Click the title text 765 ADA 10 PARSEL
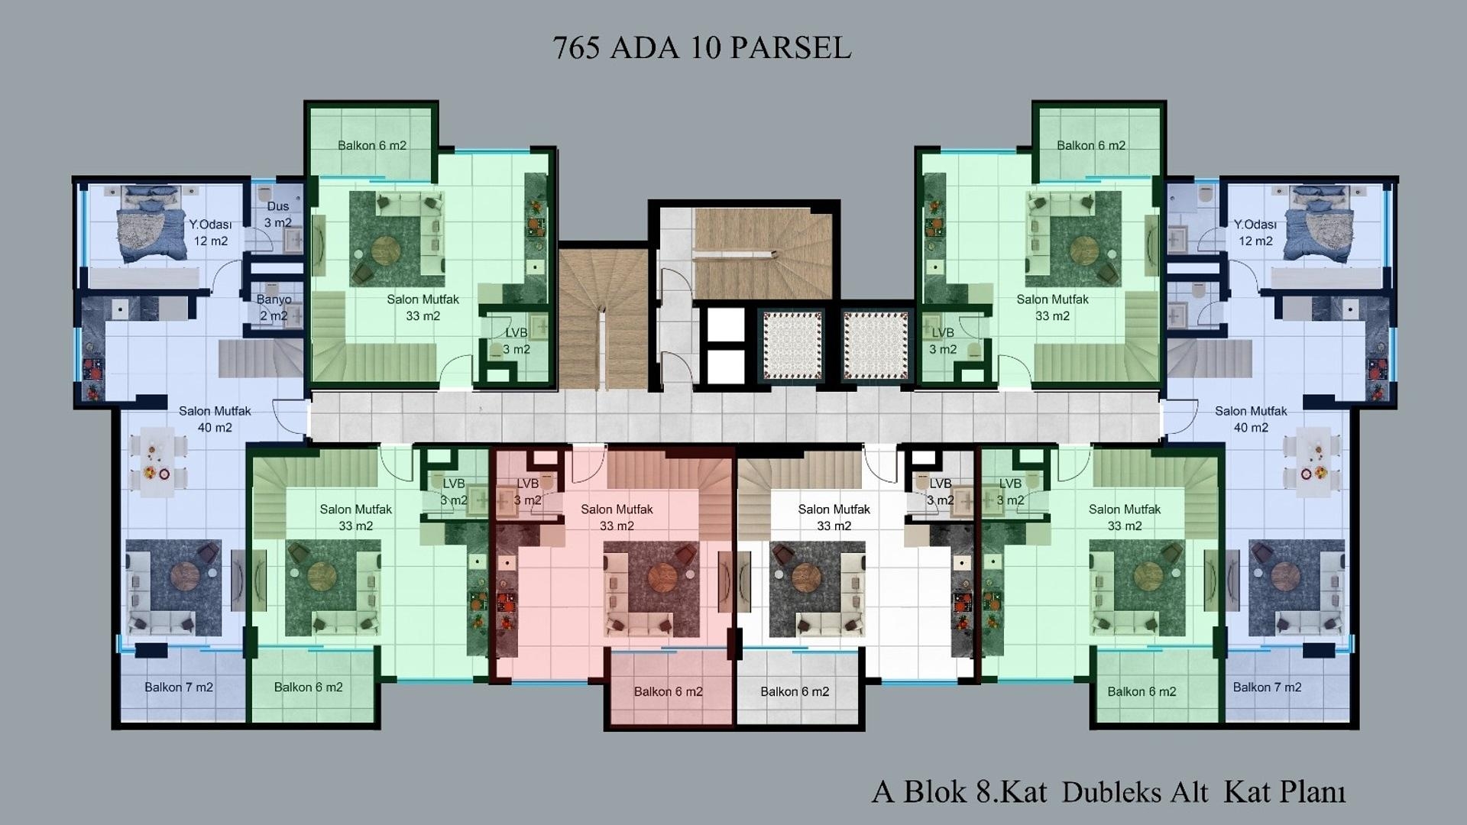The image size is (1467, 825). point(701,48)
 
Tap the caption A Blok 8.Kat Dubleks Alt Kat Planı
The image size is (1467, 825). point(1109,792)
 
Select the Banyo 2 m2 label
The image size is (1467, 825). point(274,308)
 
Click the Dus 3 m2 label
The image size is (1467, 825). point(278,215)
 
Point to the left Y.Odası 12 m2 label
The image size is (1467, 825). point(210,233)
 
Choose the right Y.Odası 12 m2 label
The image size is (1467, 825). point(1255,233)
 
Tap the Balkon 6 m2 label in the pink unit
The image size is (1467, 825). point(668,692)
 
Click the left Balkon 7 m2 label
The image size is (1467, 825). point(179,687)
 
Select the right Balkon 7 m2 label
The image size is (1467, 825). point(1267,687)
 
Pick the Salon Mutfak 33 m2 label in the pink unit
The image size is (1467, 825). point(617,518)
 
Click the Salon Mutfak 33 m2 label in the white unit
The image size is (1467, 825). point(834,518)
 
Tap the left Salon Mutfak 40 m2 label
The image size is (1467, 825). point(215,419)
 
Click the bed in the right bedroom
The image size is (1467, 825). point(1319,223)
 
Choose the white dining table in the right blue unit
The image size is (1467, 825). point(1314,462)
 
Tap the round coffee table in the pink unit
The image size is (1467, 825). point(662,577)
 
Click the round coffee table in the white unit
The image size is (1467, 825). point(805,577)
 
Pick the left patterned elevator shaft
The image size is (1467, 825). point(792,345)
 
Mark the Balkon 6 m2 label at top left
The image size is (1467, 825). point(372,146)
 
